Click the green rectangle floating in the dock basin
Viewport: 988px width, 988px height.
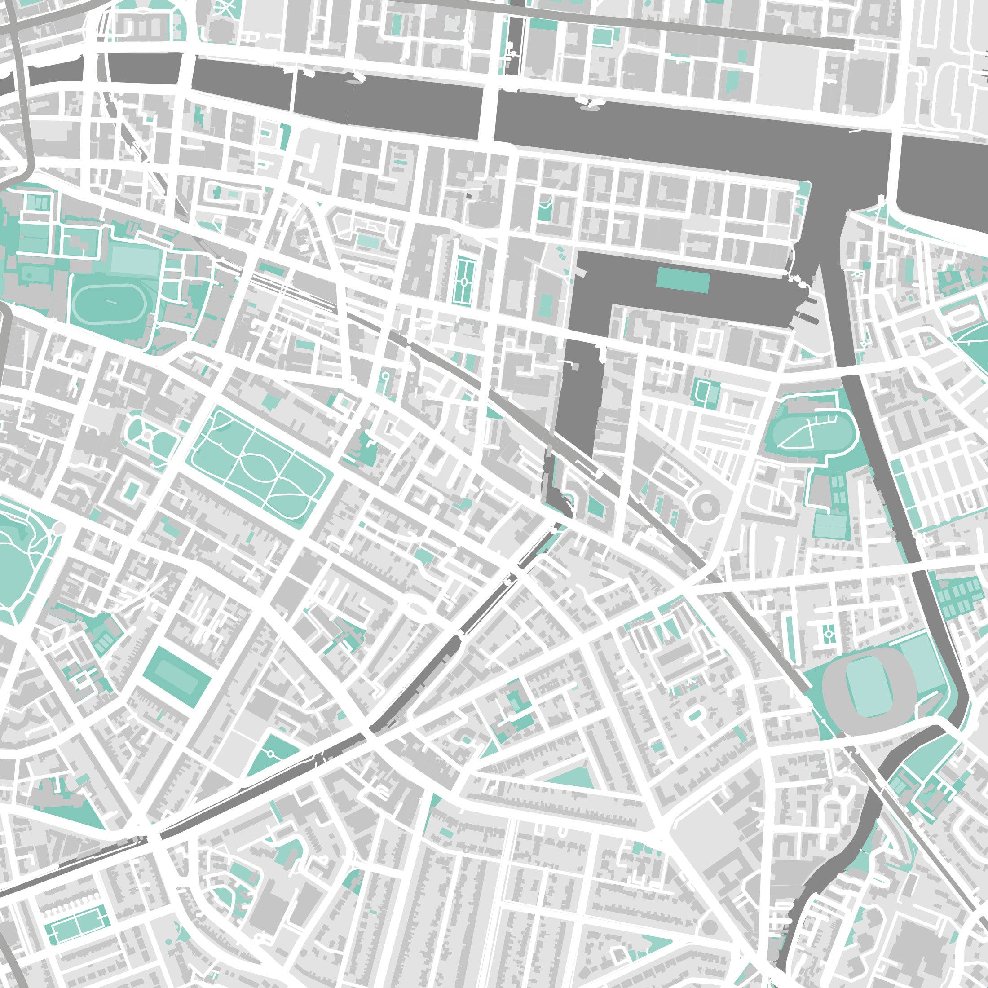click(683, 279)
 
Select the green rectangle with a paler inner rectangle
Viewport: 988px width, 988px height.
click(176, 676)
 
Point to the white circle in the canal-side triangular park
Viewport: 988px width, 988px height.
click(270, 754)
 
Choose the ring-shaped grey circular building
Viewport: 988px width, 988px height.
click(707, 506)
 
